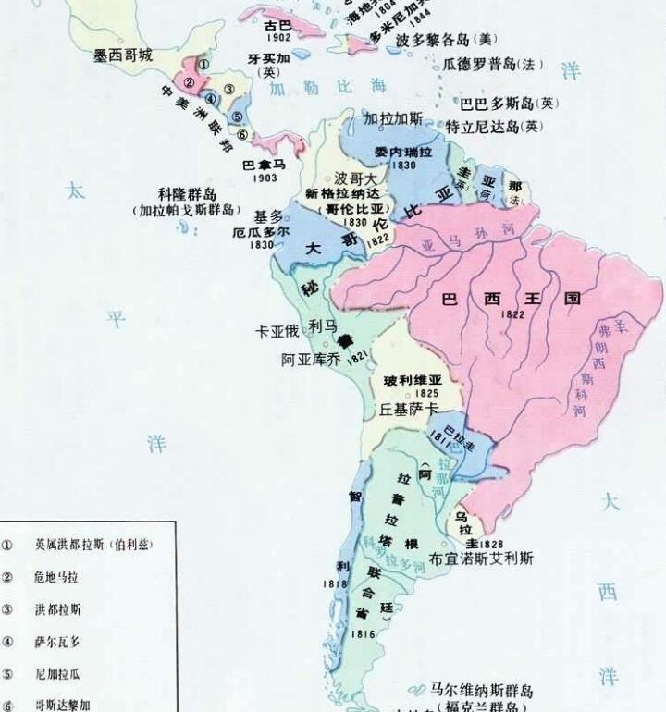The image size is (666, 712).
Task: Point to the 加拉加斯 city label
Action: pyautogui.click(x=393, y=119)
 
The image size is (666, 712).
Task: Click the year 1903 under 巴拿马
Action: pyautogui.click(x=265, y=178)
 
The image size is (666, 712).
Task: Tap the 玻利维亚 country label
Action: pyautogui.click(x=408, y=379)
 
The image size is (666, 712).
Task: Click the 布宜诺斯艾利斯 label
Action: pyautogui.click(x=482, y=559)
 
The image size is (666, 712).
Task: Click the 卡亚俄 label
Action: pyautogui.click(x=278, y=330)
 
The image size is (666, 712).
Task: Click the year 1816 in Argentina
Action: pyautogui.click(x=364, y=633)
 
